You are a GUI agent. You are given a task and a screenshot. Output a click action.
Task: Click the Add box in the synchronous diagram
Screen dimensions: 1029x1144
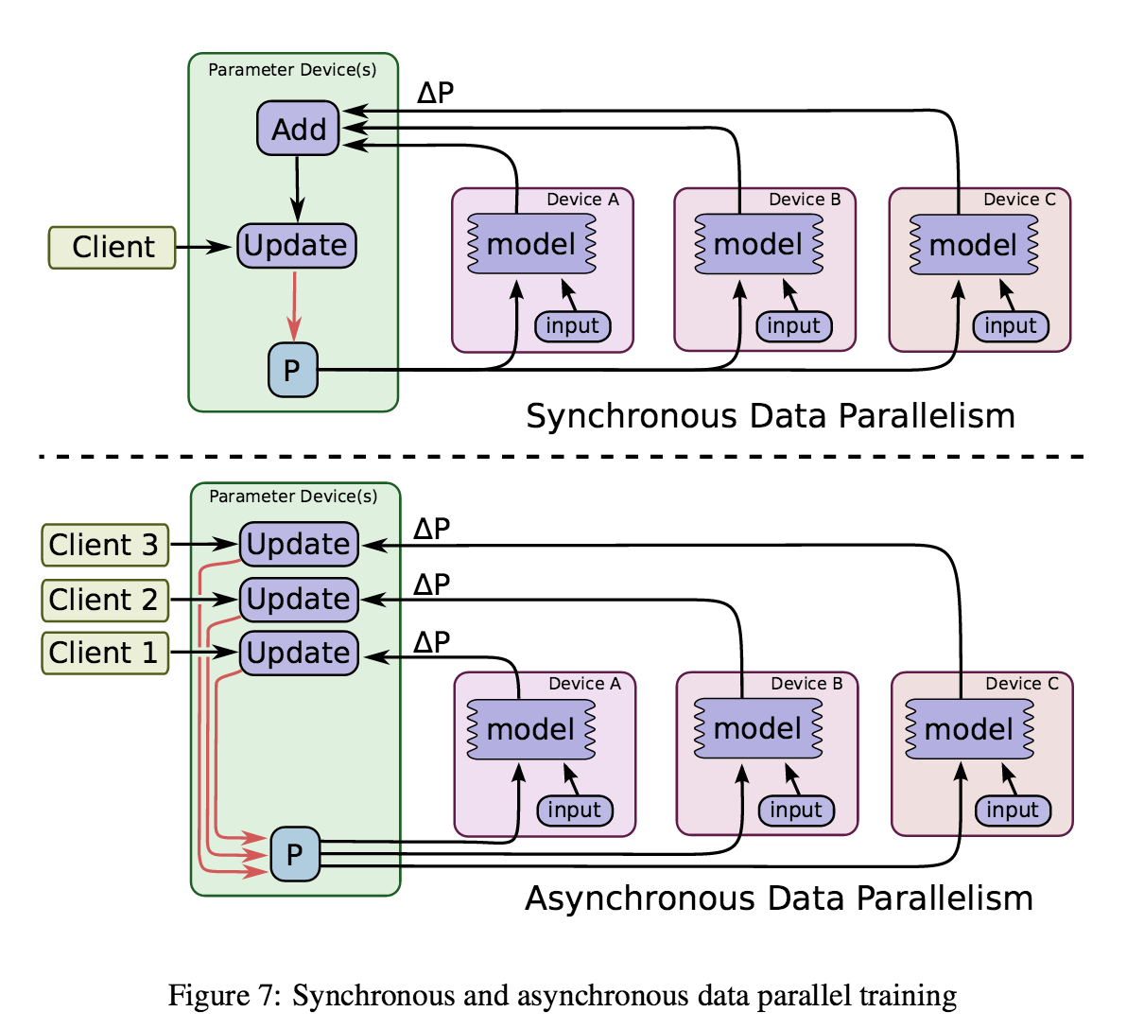(298, 129)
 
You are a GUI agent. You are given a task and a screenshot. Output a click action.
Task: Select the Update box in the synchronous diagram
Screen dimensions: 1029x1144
(296, 246)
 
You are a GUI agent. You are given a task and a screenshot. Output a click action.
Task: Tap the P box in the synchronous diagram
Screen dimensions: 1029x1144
(292, 370)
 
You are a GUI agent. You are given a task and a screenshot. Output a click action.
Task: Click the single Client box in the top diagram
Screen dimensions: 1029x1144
(113, 247)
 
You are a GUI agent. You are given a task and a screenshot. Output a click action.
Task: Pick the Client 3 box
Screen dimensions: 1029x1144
(105, 545)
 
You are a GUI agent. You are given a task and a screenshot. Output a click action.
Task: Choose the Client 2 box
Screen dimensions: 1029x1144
(105, 600)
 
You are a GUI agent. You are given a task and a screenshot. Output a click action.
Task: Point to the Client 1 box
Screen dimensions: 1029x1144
(105, 653)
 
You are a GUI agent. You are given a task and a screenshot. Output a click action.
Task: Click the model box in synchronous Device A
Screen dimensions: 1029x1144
(531, 245)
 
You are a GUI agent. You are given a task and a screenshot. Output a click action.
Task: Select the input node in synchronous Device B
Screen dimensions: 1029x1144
(793, 326)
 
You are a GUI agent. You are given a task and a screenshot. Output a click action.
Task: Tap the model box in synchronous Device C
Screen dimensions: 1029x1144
(974, 245)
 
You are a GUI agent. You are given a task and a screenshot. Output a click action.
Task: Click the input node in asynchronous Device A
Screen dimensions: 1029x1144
(574, 811)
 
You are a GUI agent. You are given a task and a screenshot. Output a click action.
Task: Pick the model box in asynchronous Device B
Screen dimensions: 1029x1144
(758, 729)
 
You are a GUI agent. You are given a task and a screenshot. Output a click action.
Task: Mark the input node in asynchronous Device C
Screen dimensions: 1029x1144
(1012, 811)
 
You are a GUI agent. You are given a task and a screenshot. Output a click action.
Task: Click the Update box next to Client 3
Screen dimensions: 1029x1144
(299, 544)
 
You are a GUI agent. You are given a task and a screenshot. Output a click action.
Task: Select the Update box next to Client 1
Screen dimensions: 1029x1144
(299, 653)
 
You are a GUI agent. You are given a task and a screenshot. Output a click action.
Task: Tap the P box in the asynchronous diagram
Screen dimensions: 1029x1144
(295, 854)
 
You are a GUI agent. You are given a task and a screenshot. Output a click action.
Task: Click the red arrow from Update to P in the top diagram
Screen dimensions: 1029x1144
(295, 305)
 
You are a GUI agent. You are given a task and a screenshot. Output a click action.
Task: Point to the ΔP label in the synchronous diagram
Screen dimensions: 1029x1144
(435, 94)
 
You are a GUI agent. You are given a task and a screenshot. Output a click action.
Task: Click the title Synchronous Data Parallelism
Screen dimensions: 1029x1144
(770, 416)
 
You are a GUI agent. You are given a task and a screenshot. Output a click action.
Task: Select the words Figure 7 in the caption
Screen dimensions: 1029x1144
(223, 996)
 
